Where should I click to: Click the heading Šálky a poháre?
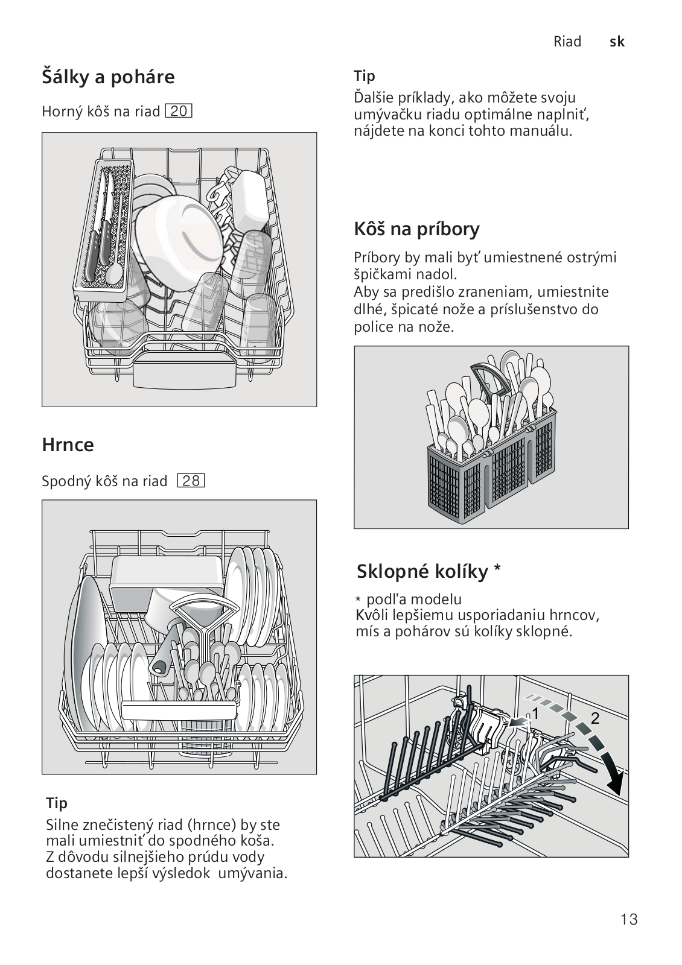tap(108, 77)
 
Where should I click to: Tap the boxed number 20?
tap(179, 112)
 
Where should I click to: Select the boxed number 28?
tap(191, 481)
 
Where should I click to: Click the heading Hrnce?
tap(68, 445)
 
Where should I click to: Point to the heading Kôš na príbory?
tap(416, 229)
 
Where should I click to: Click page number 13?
tap(628, 919)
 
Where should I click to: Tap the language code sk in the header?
tap(617, 42)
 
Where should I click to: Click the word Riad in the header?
tap(567, 42)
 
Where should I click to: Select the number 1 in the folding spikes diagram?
tap(535, 714)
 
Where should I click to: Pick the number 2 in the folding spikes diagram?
tap(595, 718)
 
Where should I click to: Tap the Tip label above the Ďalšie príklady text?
tap(365, 76)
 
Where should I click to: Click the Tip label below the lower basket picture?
tap(57, 803)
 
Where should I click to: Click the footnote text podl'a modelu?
tap(414, 600)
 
